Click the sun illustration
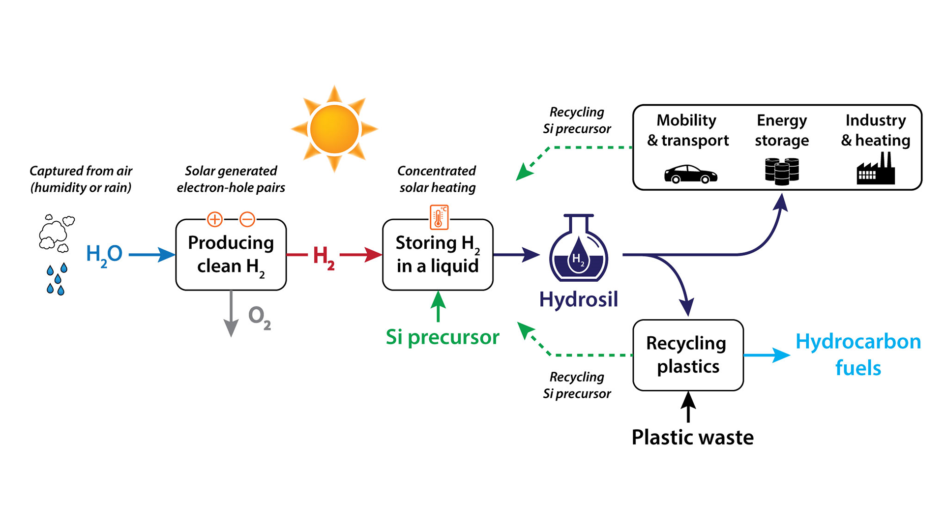(x=334, y=129)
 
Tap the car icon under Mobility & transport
(x=690, y=174)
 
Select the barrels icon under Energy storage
(x=782, y=171)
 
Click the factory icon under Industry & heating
(x=876, y=170)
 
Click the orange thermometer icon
(x=439, y=217)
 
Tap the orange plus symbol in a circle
(x=215, y=219)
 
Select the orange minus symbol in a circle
(x=247, y=219)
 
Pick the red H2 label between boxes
(x=324, y=257)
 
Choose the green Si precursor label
(x=442, y=337)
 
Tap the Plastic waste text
(x=692, y=437)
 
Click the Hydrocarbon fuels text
(x=858, y=354)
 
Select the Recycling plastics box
(x=688, y=355)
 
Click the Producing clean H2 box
(x=231, y=255)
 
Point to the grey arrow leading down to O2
(x=231, y=315)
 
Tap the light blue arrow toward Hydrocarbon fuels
(x=767, y=355)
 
